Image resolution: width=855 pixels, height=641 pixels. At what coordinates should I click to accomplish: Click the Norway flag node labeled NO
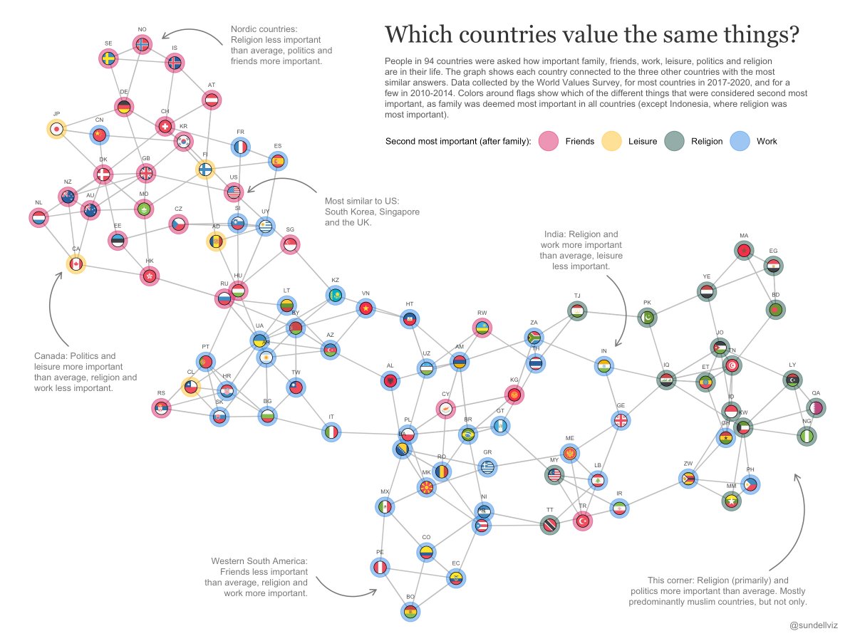coord(142,45)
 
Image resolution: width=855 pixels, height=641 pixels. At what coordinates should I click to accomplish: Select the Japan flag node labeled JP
coord(56,129)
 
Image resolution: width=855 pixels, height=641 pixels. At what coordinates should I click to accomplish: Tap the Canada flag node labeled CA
coord(76,264)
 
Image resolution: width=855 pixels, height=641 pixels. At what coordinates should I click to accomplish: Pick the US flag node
coord(234,192)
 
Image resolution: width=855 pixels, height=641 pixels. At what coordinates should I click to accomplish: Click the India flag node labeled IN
coord(603,366)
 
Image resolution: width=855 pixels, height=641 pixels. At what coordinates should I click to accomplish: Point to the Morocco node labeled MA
coord(744,251)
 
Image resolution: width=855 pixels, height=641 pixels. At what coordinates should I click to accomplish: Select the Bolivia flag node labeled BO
coord(410,612)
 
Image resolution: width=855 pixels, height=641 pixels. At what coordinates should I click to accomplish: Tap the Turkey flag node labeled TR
coord(583,521)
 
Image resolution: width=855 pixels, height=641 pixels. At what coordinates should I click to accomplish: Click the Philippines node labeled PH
coord(750,485)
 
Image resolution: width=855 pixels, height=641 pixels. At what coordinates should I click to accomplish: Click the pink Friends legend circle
coord(547,141)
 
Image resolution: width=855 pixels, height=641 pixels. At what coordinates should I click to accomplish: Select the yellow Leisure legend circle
coord(611,141)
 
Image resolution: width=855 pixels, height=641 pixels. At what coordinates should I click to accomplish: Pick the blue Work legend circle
coord(740,141)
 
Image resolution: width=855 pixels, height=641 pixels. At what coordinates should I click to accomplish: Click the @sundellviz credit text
coord(813,625)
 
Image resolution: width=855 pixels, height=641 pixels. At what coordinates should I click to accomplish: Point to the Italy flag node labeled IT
coord(331,432)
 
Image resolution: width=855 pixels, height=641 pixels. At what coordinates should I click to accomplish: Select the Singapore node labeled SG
coord(290,244)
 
